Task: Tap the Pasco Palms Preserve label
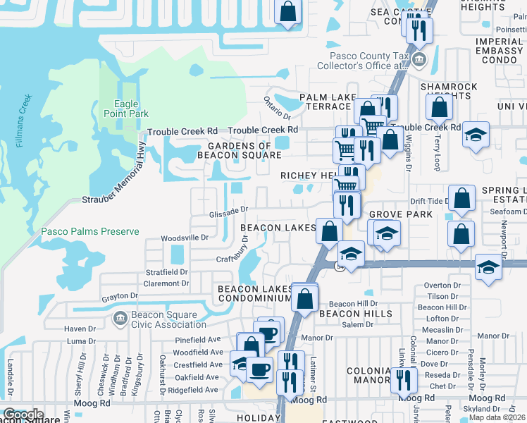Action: pos(80,231)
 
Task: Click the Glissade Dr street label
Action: pos(228,209)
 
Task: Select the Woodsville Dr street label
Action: pos(185,238)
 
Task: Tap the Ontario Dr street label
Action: pos(277,107)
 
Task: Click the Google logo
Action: pos(23,415)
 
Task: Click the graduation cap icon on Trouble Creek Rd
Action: pos(476,134)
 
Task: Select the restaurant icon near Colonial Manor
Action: pos(404,379)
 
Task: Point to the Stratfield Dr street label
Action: pos(167,271)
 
